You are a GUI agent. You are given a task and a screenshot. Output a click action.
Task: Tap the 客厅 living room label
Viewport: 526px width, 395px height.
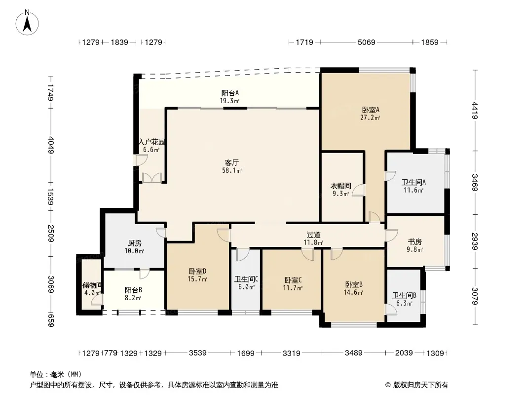[x=232, y=163]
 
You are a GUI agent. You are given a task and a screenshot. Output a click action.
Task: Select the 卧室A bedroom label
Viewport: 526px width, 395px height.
[x=371, y=110]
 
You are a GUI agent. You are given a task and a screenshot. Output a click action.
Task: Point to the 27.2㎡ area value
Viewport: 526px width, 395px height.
[x=370, y=118]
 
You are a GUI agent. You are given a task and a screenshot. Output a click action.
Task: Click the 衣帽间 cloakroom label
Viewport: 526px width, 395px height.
[x=341, y=186]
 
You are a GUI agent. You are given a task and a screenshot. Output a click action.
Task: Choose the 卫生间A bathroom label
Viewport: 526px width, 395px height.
[x=413, y=182]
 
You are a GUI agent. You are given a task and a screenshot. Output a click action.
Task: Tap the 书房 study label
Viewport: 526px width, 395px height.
[x=414, y=241]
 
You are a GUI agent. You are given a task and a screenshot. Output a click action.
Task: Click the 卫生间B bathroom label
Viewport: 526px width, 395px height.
[x=404, y=295]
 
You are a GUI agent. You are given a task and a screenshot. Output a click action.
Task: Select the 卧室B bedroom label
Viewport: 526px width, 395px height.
[x=354, y=284]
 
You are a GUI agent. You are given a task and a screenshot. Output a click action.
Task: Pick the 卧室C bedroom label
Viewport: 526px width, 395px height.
[x=293, y=280]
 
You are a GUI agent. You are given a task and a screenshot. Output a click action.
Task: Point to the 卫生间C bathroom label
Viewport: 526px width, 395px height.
[x=246, y=279]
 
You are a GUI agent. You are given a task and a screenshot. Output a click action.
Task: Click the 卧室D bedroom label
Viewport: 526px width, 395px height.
[x=197, y=271]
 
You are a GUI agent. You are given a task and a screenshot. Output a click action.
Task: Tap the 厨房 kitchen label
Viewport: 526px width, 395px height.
[x=135, y=243]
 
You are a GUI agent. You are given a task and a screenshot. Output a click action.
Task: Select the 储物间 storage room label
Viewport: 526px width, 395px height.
[x=92, y=285]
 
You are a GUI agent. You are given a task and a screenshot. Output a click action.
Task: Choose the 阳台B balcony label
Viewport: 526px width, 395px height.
[x=133, y=290]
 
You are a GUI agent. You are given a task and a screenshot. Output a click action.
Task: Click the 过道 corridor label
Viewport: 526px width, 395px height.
[x=313, y=235]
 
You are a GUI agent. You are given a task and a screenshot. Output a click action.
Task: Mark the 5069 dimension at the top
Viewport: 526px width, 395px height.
[x=366, y=42]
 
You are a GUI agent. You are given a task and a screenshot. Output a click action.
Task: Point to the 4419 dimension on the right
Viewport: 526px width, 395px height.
[x=475, y=111]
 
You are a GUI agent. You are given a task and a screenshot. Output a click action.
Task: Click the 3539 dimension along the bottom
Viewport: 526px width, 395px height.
[x=197, y=353]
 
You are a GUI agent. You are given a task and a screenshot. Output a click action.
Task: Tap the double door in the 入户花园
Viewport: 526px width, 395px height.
[x=152, y=178]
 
